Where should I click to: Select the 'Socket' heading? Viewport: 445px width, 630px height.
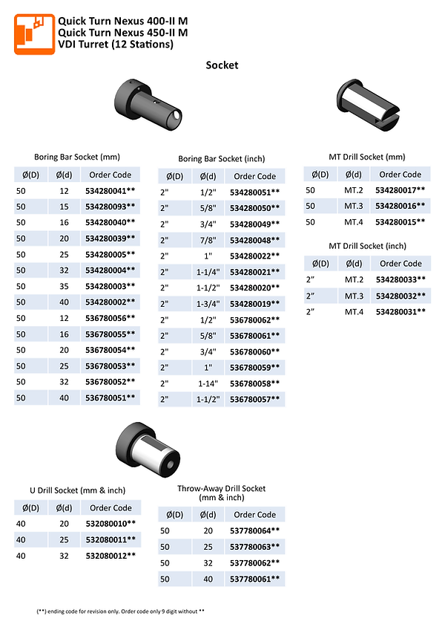222,65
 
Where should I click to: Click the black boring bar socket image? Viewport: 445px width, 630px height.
152,105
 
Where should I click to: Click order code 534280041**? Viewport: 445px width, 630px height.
111,191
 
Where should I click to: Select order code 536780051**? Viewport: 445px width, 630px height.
111,397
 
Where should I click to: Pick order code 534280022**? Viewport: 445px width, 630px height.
255,256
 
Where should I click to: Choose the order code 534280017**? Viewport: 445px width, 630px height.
400,190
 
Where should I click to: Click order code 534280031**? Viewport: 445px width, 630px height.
400,311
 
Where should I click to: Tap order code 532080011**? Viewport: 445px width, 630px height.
111,539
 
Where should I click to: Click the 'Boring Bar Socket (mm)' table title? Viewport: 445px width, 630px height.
77,157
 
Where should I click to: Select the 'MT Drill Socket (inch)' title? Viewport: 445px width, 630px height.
367,246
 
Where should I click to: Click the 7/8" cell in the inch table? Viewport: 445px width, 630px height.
207,240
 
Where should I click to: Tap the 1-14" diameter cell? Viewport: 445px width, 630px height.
207,383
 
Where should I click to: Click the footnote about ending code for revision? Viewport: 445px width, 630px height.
120,611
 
